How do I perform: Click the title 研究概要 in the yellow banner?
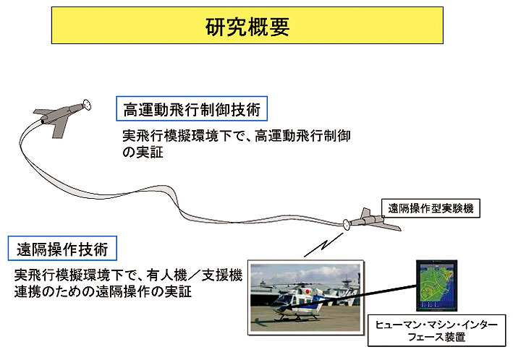click(x=247, y=27)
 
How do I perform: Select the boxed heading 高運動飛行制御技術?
click(x=192, y=109)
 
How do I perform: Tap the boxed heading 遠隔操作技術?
click(x=62, y=249)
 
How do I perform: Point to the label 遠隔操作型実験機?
click(x=431, y=208)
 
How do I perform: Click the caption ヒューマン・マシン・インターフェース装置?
click(x=436, y=330)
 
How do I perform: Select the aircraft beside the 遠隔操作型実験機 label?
click(x=372, y=220)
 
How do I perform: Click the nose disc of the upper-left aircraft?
click(x=87, y=105)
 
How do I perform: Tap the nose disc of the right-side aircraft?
click(x=346, y=224)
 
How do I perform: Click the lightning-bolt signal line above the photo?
click(x=323, y=244)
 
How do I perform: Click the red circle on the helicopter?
click(x=308, y=291)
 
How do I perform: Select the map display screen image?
click(x=436, y=286)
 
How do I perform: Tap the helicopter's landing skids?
click(x=297, y=317)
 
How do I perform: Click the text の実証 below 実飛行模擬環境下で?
click(x=143, y=153)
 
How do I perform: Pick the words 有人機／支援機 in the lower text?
click(x=195, y=275)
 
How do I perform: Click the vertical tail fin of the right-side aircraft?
click(x=366, y=213)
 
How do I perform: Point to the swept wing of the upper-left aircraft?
click(x=61, y=127)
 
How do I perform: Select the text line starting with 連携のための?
click(x=103, y=291)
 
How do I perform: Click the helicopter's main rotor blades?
click(x=302, y=283)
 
